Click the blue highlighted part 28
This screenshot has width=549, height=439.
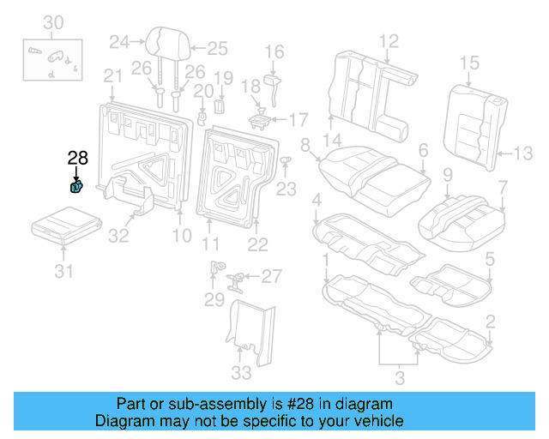(76, 186)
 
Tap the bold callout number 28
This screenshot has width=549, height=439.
(77, 158)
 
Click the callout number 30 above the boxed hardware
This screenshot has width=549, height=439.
(53, 21)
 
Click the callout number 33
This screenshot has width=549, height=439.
(242, 372)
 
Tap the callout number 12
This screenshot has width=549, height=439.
(389, 39)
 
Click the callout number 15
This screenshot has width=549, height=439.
(469, 62)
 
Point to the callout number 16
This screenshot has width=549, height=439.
(274, 52)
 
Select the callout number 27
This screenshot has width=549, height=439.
(271, 276)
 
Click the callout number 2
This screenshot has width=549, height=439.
(490, 322)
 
